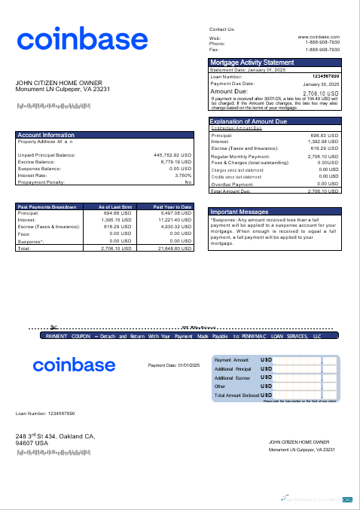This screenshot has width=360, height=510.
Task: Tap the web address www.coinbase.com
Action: click(319, 36)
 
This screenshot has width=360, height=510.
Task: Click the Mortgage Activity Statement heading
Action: click(252, 63)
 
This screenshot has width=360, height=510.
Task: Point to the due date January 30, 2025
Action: click(321, 84)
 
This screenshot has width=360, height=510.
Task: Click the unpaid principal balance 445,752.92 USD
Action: click(172, 155)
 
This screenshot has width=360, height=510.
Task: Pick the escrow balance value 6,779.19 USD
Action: click(176, 161)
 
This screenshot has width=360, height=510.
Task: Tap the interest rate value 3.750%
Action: click(183, 176)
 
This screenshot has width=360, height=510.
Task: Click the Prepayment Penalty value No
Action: click(188, 182)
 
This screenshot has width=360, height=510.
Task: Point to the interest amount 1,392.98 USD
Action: click(323, 142)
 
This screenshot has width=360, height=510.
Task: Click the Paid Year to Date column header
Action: click(172, 206)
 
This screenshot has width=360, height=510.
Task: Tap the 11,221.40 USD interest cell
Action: click(175, 220)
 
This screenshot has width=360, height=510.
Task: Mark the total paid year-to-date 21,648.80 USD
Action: click(175, 248)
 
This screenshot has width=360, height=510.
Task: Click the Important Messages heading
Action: click(239, 212)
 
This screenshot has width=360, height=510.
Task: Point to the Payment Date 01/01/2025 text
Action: click(173, 365)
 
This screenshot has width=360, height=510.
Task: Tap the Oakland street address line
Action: click(55, 436)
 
